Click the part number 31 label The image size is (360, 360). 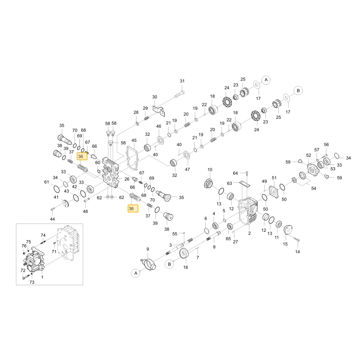(x=182, y=81)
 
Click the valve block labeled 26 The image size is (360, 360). (x=111, y=171)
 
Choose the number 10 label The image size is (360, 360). (x=210, y=170)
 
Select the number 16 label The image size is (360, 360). (x=185, y=267)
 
